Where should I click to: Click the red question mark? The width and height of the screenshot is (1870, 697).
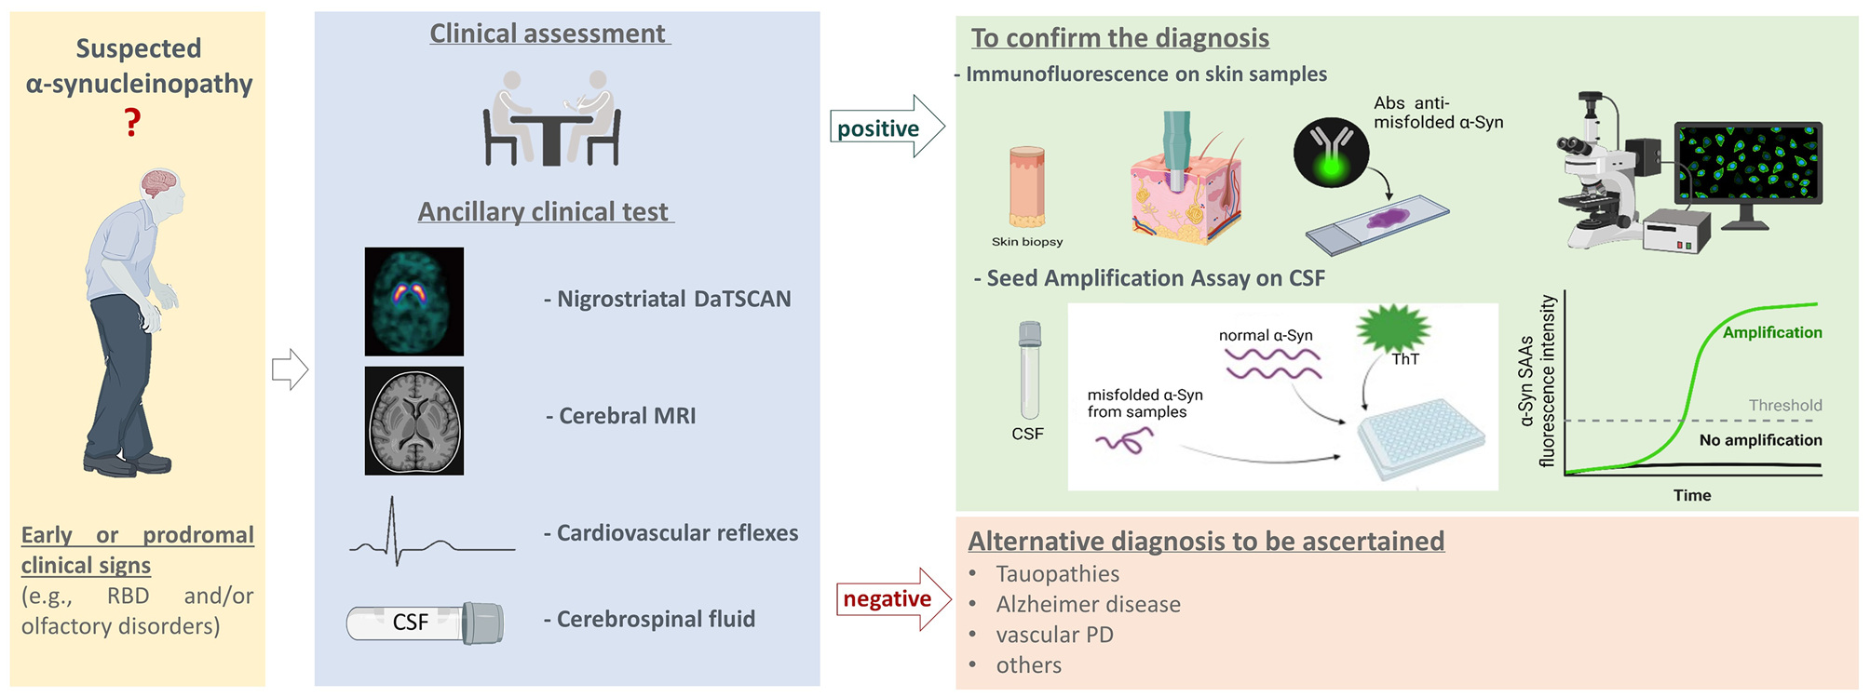coord(133,122)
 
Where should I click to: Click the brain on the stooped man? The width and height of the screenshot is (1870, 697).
coord(159,182)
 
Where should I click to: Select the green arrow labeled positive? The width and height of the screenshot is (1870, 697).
coord(886,127)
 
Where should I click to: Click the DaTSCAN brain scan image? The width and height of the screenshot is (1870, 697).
coord(413,301)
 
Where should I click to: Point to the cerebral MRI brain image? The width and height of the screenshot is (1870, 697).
coord(413,421)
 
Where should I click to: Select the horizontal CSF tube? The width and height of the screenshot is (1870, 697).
coord(425,623)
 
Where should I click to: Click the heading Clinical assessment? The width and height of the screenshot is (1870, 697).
coord(548,34)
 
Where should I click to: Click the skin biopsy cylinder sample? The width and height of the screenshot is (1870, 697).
coord(1026,187)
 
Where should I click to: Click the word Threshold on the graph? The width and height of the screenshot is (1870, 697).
coord(1784,405)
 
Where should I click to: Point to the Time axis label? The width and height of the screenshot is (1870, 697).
coord(1691,495)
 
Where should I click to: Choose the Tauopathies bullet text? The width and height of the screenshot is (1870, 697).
coord(1057,574)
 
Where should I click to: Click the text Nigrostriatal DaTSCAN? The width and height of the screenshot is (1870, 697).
coord(673,299)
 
